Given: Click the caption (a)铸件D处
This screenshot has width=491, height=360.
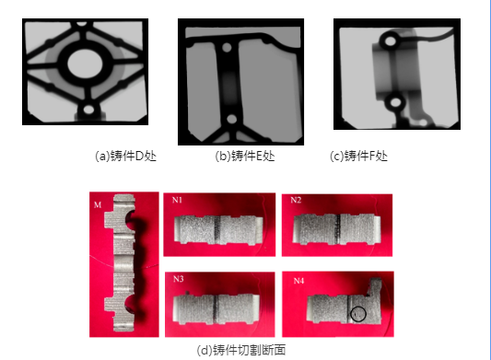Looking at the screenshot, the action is coord(125,156).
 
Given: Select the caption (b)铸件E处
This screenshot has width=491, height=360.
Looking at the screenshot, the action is coord(245,156).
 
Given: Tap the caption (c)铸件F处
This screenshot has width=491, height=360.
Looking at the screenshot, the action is coord(358,156).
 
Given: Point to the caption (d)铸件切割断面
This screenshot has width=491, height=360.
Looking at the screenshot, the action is coord(241,350).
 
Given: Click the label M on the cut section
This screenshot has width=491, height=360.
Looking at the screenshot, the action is coord(98,204).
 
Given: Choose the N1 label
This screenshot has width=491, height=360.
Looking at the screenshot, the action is coord(177,200).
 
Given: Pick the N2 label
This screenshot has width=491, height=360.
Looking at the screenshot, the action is coord(296,200).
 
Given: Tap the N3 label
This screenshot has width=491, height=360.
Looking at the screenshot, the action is coord(178,279).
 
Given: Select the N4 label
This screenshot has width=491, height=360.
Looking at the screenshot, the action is coord(298,281).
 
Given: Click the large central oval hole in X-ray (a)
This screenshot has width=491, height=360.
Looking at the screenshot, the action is coord(85,64).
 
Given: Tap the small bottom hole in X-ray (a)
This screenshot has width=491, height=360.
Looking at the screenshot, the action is coord(88,110).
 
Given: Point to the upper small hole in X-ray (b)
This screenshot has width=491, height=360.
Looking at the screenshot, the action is coord(227,48).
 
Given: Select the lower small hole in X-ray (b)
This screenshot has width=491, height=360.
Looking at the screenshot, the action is coord(232,119).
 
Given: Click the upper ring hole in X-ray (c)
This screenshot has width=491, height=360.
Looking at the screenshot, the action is coord(391,41).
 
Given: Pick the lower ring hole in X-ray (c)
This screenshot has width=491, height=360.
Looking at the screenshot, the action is coord(395,102).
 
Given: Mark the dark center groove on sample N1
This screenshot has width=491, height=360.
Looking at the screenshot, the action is coord(218,229).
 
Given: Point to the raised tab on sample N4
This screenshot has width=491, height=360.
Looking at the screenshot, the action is coord(375,286).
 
